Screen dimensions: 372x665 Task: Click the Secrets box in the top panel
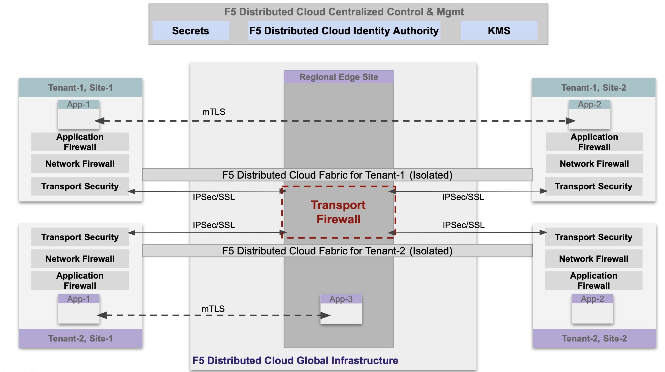pos(191,30)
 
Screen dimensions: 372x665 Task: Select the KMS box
pos(499,30)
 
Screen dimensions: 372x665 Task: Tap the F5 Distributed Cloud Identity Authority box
pos(344,30)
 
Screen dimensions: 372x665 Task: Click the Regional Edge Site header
pos(339,77)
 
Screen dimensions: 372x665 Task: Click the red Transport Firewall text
pos(338,212)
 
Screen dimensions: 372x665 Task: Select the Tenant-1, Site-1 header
pos(81,88)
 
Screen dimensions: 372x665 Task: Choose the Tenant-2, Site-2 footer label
pos(594,338)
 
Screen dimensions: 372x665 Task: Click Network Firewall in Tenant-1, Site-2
pos(594,164)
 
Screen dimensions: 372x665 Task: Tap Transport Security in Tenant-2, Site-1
pos(80,237)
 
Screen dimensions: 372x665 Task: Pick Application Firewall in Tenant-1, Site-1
pos(80,142)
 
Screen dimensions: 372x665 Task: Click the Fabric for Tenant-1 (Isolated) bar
pos(337,175)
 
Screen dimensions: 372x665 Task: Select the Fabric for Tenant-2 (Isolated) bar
pos(337,251)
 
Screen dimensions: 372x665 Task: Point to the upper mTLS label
pos(214,112)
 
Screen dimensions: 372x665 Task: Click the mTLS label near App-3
pos(213,309)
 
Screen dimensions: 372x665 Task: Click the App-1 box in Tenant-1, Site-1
pos(79,114)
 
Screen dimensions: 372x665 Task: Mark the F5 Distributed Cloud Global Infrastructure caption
pos(295,360)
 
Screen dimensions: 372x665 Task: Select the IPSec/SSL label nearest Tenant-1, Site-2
pos(463,197)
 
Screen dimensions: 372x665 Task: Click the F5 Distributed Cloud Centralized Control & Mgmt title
pos(344,12)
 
